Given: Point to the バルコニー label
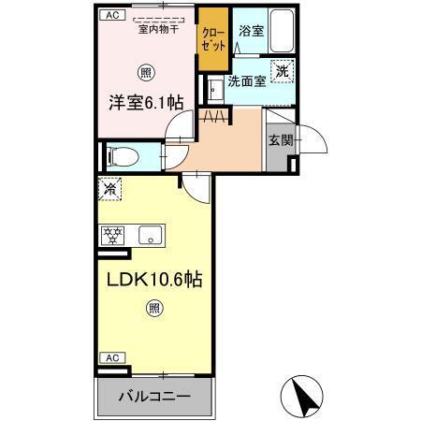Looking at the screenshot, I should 154,397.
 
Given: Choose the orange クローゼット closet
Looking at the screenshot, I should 212,39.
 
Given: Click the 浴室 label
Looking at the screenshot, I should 250,32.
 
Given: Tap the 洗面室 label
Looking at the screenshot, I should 248,80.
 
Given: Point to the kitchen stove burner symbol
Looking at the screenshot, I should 114,236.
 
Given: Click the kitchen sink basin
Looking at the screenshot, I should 151,235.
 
